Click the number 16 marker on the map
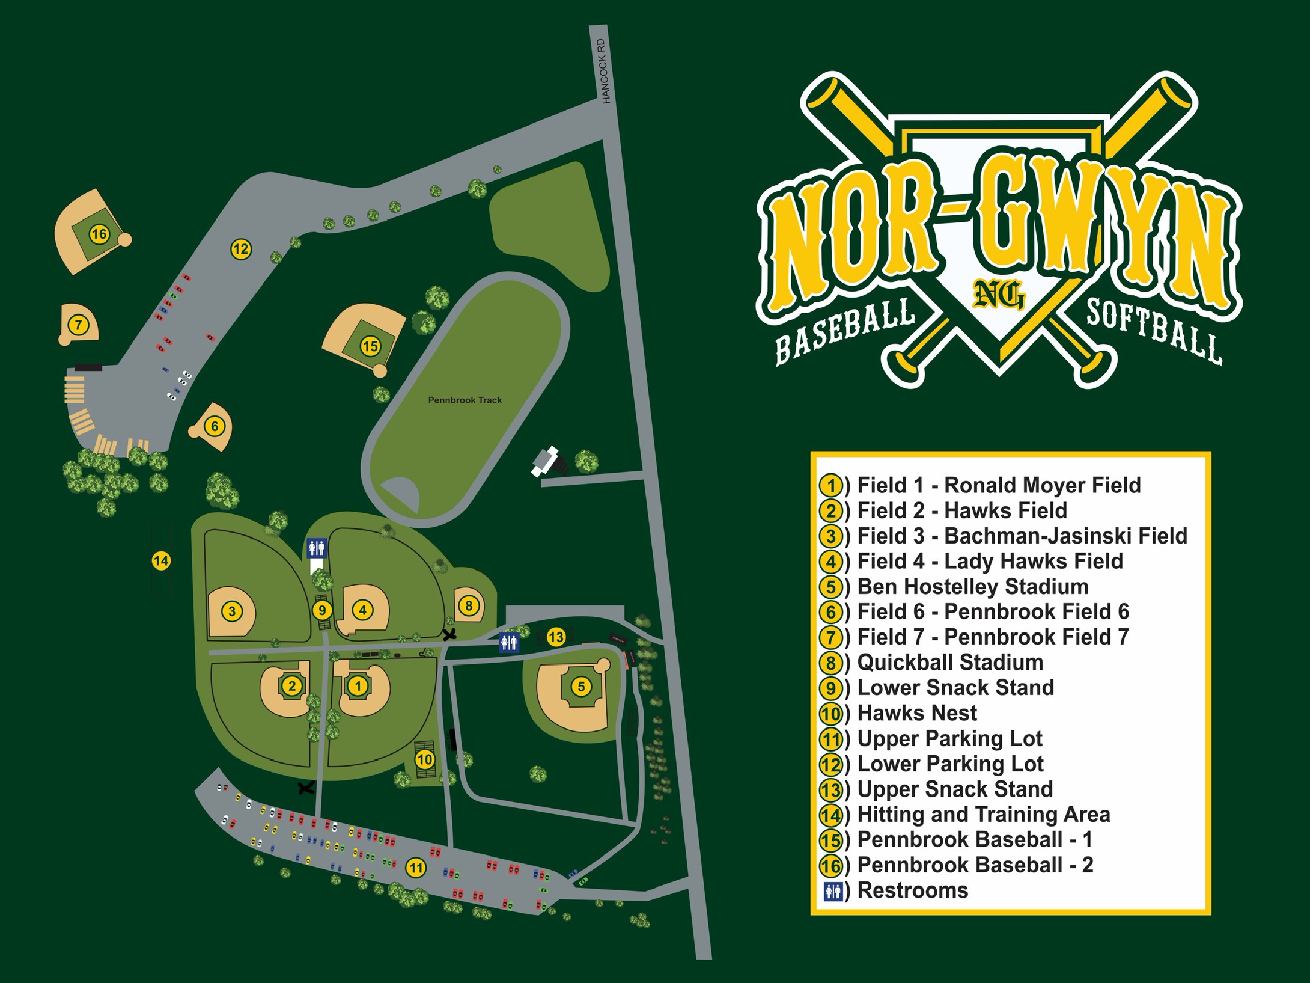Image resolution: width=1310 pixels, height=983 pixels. [x=99, y=234]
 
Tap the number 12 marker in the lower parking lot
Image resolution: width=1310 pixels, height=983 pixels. [x=241, y=249]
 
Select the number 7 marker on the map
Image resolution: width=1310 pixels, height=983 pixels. [x=78, y=326]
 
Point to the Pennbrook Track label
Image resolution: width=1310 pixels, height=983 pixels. [x=465, y=400]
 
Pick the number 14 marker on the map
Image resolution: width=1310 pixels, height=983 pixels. [x=161, y=561]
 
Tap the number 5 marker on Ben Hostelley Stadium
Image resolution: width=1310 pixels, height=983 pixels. [x=580, y=687]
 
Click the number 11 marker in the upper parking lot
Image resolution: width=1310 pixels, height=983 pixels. [x=416, y=868]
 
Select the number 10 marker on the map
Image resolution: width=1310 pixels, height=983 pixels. [x=425, y=759]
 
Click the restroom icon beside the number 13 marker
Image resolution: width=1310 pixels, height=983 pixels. [x=509, y=643]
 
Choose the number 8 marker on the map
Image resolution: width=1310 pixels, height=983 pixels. [x=469, y=605]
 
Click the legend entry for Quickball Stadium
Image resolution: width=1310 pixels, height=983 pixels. [x=949, y=663]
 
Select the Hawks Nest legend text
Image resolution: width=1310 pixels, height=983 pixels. [x=917, y=713]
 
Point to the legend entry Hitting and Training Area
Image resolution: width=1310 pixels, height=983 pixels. [x=983, y=814]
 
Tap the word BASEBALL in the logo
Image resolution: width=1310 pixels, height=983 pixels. [x=844, y=334]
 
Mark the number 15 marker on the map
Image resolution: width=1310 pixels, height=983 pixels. [x=370, y=346]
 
